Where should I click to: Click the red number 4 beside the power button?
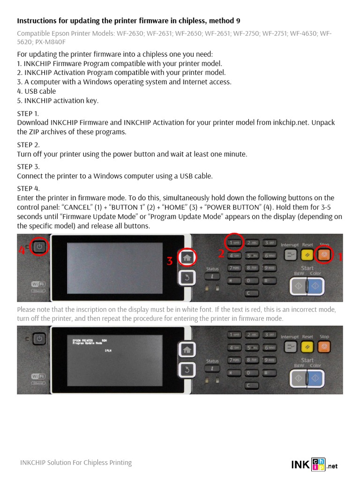coord(22,250)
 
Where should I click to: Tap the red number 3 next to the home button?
coord(170,261)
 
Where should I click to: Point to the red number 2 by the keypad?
coord(221,254)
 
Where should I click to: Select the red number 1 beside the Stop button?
coord(340,256)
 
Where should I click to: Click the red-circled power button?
coord(40,247)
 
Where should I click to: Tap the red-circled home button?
coord(187,257)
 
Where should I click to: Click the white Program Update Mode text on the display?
coord(87,343)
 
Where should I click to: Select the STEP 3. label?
coord(28,167)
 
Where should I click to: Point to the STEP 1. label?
coord(28,113)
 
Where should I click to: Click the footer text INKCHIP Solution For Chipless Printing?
coord(76,463)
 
